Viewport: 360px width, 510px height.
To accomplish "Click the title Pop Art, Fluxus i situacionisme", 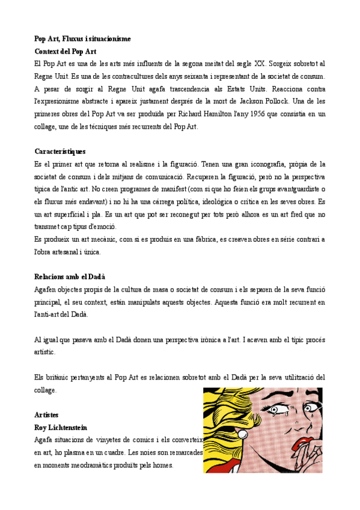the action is tap(82, 39).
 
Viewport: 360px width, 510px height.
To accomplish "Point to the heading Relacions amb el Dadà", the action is tap(70, 277).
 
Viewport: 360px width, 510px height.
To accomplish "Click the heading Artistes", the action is tap(47, 415).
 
